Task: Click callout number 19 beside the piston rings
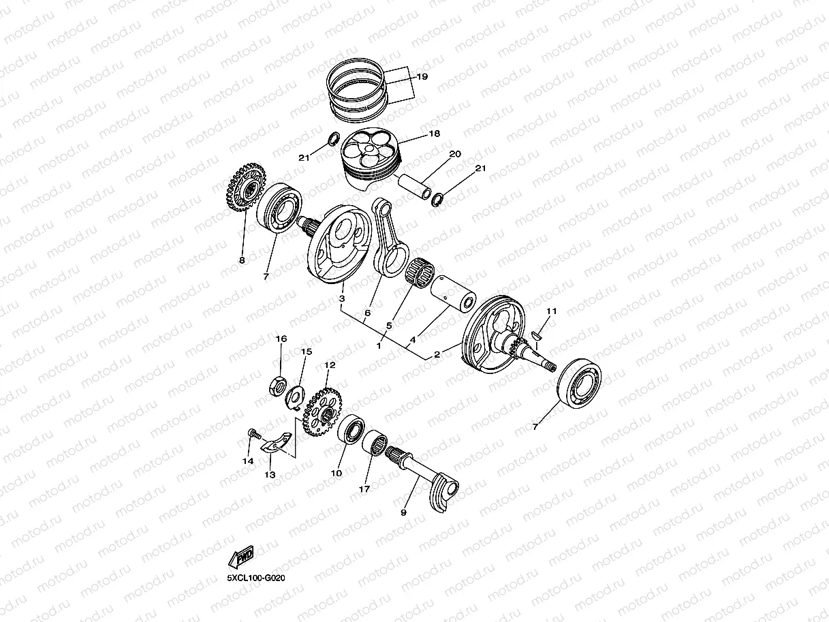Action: tap(422, 77)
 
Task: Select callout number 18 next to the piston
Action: tap(434, 134)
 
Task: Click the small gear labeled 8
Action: tap(242, 189)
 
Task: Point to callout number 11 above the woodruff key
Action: tap(552, 311)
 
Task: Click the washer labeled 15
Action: tap(296, 394)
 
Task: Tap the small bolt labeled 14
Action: tap(253, 433)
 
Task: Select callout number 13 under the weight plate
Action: tap(270, 475)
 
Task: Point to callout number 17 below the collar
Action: tap(365, 489)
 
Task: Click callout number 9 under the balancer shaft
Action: tap(403, 512)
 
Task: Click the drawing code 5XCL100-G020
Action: tap(255, 578)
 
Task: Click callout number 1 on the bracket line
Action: tap(379, 346)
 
